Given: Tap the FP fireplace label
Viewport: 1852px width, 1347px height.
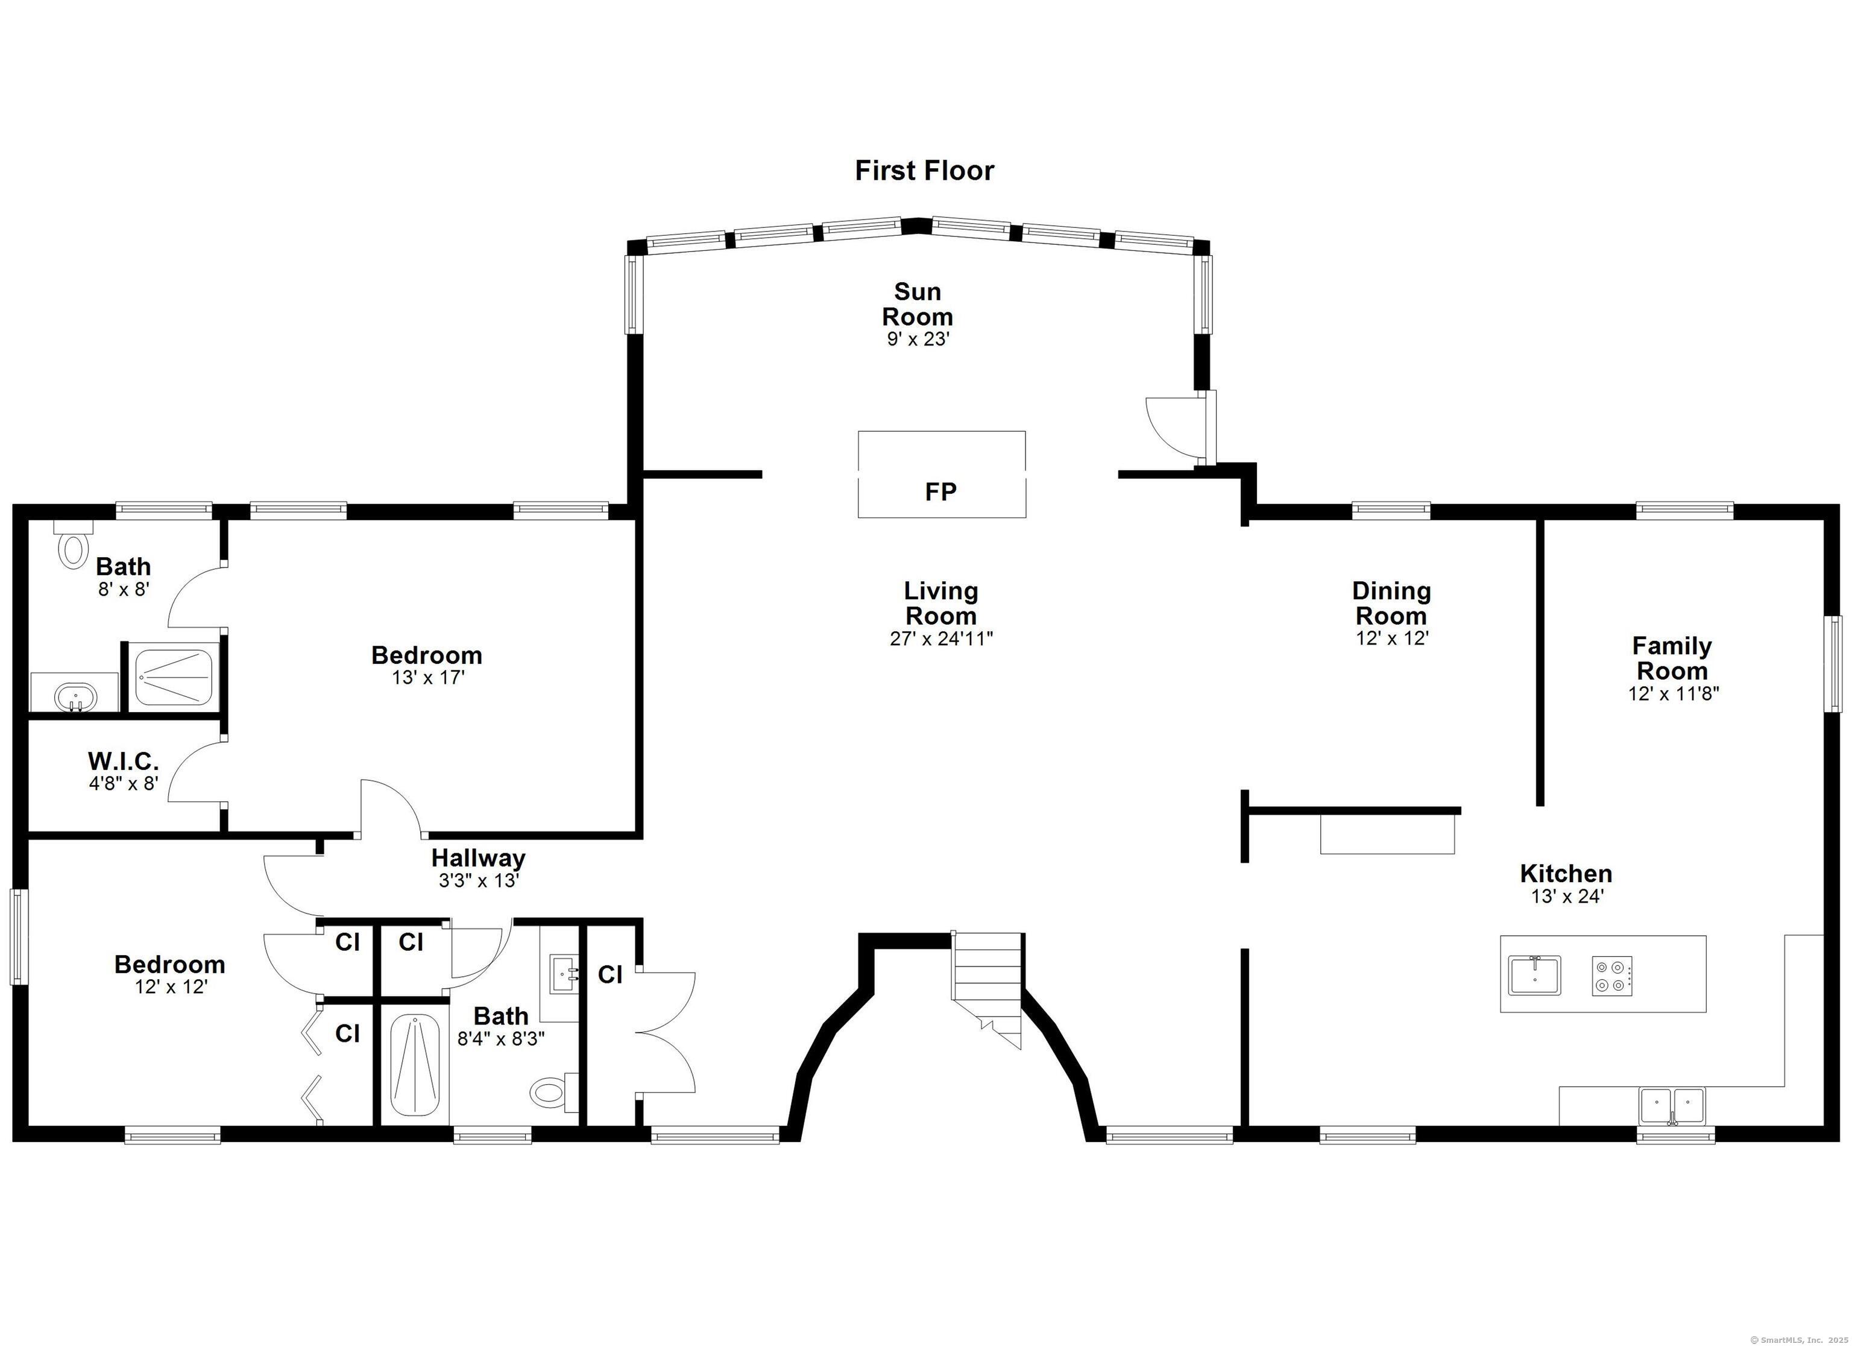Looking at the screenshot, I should point(940,492).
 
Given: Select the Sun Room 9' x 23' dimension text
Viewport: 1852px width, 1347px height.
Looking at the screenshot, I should point(918,339).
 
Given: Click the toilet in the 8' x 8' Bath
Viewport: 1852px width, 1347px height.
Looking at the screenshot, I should point(73,548).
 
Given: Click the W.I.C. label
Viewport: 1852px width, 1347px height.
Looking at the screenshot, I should point(124,762).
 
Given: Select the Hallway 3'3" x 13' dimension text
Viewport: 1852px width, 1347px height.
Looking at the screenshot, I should point(479,880).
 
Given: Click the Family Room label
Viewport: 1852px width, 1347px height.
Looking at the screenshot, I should point(1672,658).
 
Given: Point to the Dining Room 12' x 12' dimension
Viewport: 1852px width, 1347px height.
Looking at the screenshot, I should point(1392,639).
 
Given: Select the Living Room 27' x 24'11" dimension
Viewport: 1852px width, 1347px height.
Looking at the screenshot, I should point(940,639).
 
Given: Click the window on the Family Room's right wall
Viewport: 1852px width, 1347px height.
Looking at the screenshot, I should point(1835,663).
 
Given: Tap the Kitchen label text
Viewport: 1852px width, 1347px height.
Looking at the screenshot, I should point(1566,873).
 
